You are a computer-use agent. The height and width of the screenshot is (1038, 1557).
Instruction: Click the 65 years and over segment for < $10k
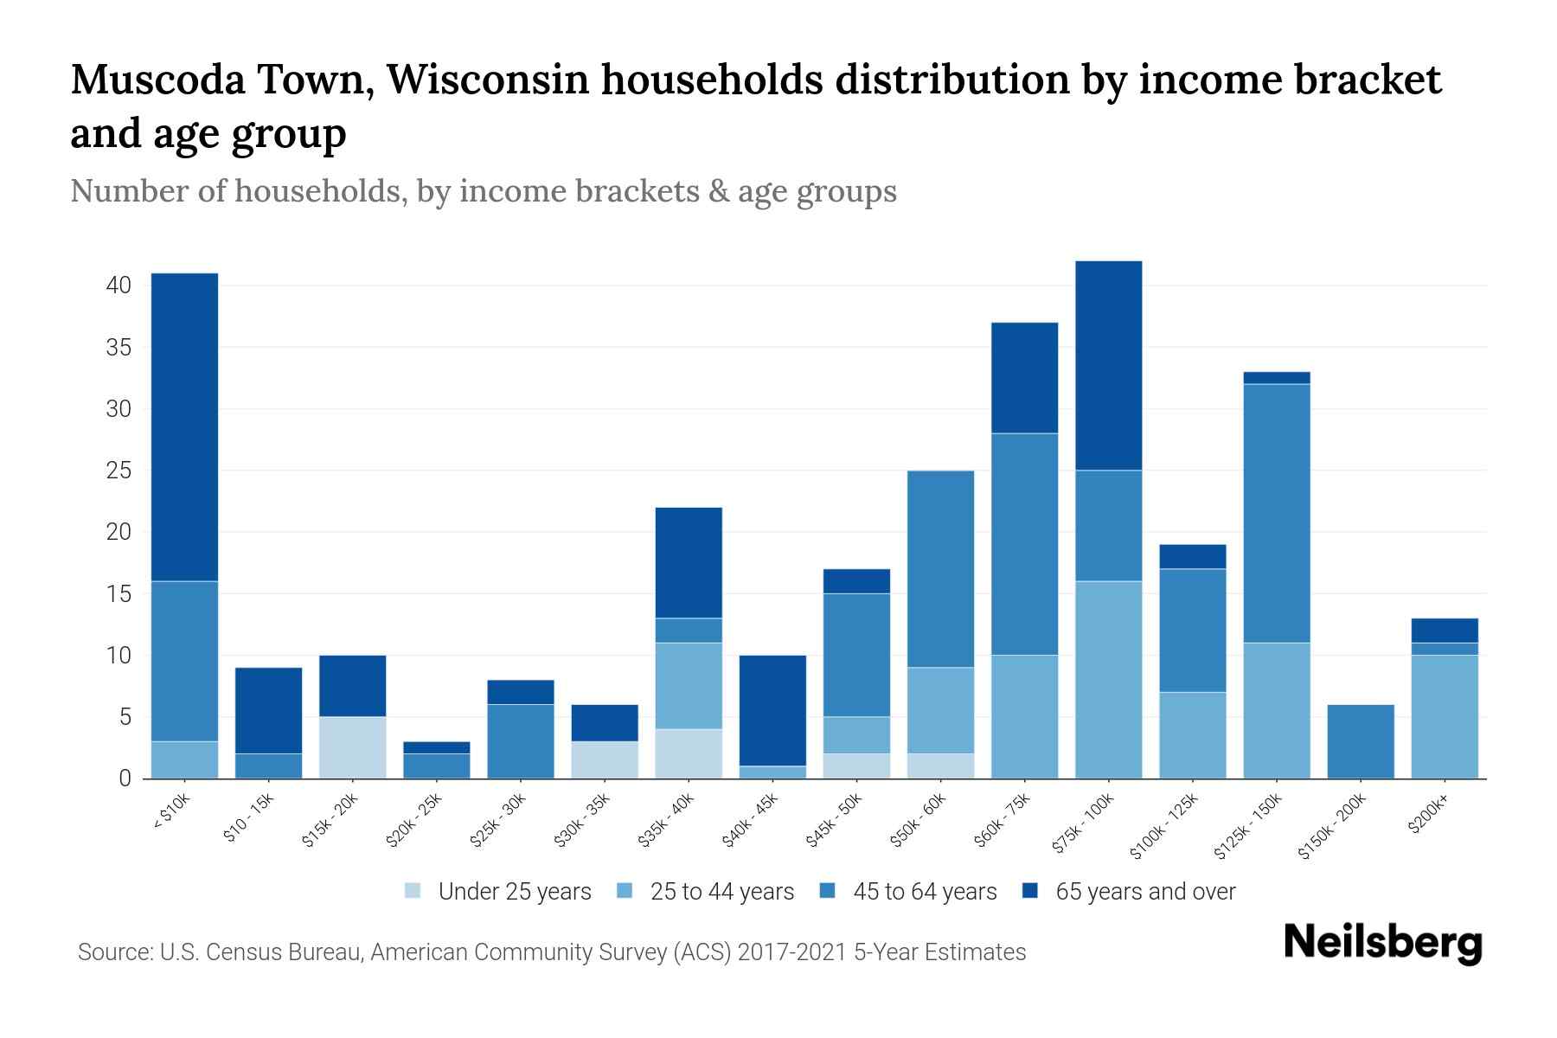click(x=184, y=427)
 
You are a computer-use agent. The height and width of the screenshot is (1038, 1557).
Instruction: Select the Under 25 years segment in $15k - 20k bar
click(x=352, y=747)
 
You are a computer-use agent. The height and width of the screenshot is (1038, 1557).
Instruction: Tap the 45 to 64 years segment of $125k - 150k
click(x=1276, y=513)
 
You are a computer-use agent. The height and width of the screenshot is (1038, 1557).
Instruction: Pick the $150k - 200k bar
click(x=1360, y=741)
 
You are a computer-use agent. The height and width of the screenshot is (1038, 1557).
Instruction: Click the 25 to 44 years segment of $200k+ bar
click(x=1444, y=716)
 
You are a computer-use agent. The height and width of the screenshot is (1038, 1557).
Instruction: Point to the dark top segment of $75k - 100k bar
click(x=1108, y=365)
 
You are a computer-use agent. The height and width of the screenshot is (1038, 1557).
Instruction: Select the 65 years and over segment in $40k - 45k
click(x=772, y=710)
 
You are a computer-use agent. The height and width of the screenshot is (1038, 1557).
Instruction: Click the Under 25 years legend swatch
click(x=413, y=891)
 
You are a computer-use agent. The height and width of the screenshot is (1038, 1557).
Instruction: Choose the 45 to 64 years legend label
click(x=925, y=891)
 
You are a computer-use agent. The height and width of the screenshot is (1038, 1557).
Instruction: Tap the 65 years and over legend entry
click(x=1144, y=891)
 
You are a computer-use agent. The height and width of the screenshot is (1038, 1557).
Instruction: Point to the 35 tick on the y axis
click(x=119, y=348)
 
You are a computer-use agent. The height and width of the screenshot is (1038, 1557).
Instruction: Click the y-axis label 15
click(x=119, y=594)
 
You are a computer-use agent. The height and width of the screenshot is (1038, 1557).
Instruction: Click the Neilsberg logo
click(x=1382, y=943)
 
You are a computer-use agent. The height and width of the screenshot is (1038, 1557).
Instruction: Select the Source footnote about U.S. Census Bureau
click(x=551, y=952)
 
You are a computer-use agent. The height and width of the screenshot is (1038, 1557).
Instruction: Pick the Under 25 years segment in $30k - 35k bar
click(x=605, y=759)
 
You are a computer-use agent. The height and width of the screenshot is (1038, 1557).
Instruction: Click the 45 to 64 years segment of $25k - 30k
click(x=521, y=741)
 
